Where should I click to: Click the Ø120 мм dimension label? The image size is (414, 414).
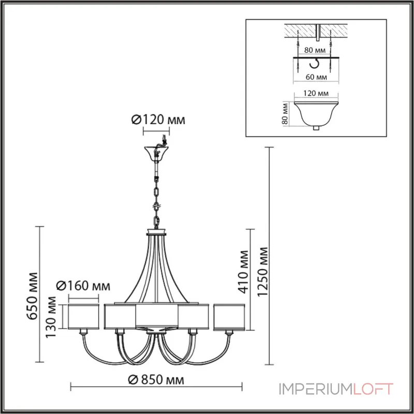click(158, 120)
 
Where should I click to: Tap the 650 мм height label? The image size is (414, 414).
click(33, 295)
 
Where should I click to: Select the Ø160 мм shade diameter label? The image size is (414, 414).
click(83, 286)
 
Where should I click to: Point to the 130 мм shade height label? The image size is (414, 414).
click(51, 317)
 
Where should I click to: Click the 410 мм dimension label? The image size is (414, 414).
click(243, 272)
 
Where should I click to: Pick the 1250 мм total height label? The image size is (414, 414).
click(262, 272)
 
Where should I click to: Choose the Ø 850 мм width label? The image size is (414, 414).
click(156, 380)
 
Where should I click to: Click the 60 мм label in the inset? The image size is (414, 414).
click(316, 77)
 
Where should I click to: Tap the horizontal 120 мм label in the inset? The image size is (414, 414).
click(316, 93)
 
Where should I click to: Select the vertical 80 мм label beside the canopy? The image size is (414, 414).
click(285, 113)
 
